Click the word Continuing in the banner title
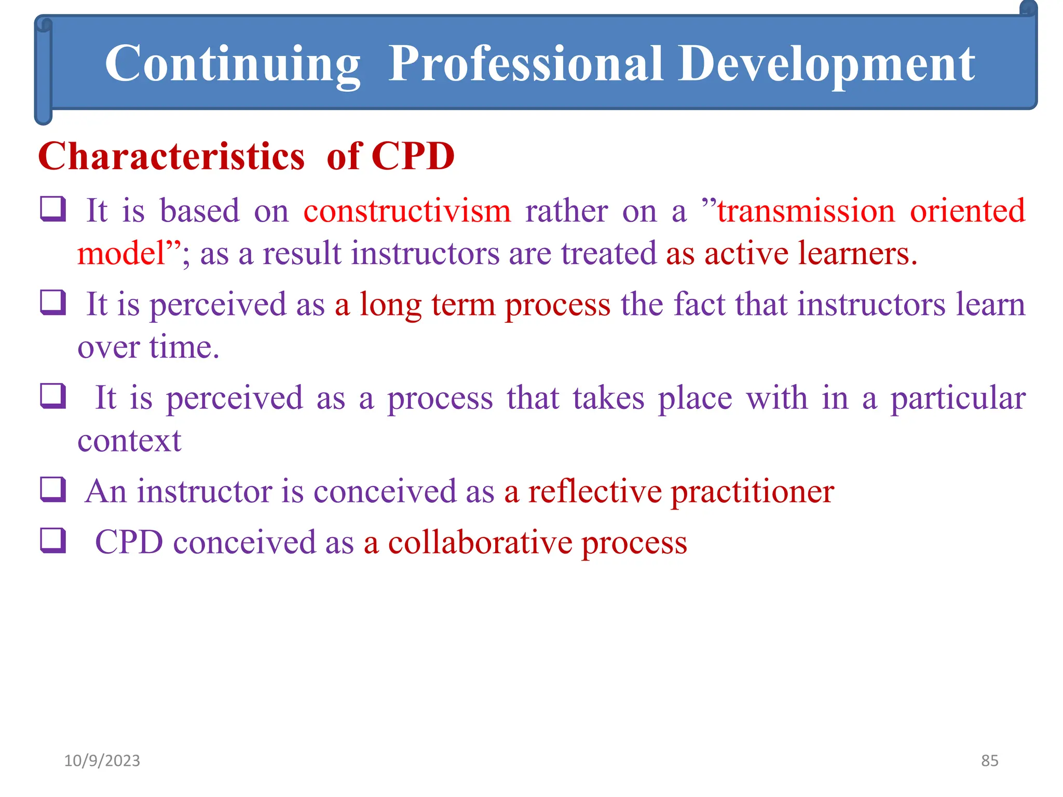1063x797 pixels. (232, 64)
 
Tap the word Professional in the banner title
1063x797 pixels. (525, 64)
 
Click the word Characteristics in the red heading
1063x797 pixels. (171, 156)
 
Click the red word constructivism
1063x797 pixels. (407, 211)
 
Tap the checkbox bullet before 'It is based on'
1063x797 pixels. (53, 209)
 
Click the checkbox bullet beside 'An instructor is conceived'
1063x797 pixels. (53, 490)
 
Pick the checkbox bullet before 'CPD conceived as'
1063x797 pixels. (53, 541)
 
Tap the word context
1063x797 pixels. (129, 441)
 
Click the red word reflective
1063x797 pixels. (594, 491)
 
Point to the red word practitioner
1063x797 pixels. (753, 491)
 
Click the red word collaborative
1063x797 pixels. (480, 543)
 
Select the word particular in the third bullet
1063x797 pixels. (958, 398)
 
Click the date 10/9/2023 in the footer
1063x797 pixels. (102, 761)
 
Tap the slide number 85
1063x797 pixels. (989, 761)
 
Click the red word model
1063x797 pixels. (120, 254)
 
